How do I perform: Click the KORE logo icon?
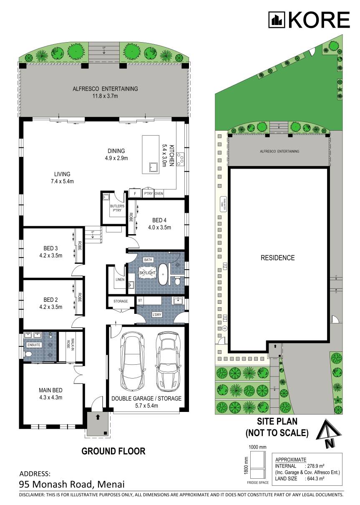point(276,20)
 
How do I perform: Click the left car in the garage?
point(132,361)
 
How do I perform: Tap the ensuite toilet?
point(29,354)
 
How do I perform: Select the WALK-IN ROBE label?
point(69,344)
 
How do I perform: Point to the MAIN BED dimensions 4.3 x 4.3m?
point(50,397)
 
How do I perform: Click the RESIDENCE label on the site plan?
point(277,258)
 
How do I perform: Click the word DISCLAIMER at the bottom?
point(34,495)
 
